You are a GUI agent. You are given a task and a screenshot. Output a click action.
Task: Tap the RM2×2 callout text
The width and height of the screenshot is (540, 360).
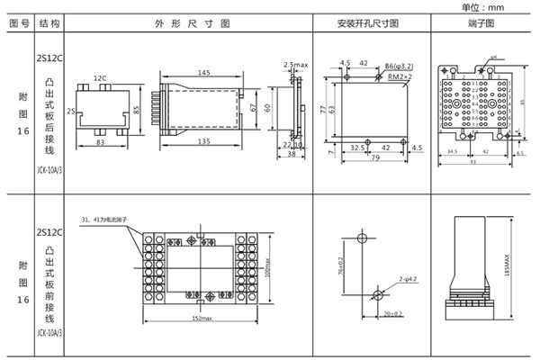(x=400, y=76)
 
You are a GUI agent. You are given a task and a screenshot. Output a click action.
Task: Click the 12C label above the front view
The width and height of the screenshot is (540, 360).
(x=100, y=78)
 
